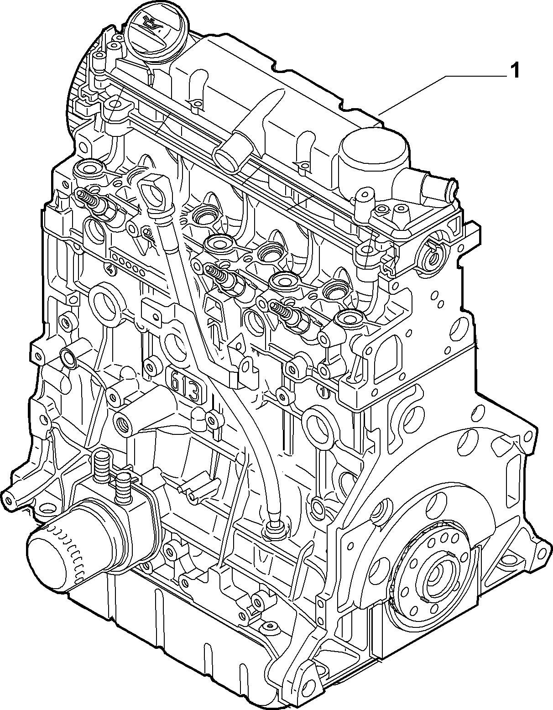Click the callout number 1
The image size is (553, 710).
515,71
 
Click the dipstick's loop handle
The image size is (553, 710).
153,193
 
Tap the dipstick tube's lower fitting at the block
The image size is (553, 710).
273,531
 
